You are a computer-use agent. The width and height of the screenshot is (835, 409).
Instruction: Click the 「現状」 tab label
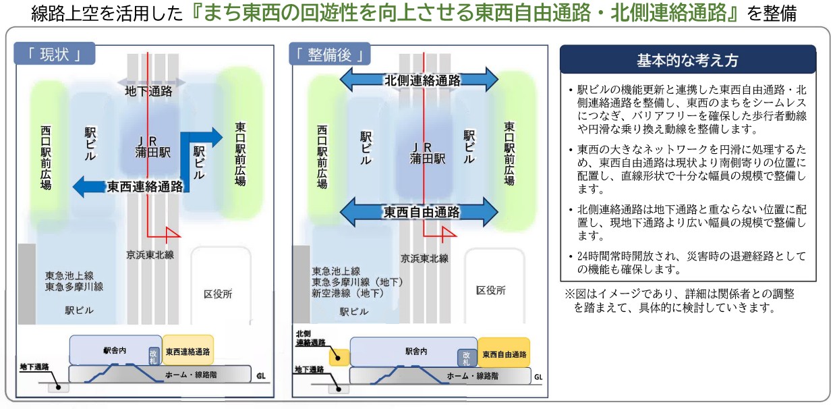55,55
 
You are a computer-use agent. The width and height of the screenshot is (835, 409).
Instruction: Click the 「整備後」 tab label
330,55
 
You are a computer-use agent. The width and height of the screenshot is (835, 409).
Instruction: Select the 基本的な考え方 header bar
687,61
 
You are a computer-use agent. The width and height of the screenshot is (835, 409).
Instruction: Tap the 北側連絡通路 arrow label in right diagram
422,80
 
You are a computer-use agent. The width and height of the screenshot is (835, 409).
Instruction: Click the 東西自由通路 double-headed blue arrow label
422,213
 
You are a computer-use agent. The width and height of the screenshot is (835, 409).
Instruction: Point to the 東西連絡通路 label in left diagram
144,187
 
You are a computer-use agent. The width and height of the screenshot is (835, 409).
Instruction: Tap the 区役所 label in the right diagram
491,290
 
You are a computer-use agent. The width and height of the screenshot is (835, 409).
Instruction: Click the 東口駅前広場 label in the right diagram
509,153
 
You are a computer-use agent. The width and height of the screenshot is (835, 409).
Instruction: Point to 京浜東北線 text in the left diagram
150,254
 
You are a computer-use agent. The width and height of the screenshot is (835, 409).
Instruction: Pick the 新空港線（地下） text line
347,293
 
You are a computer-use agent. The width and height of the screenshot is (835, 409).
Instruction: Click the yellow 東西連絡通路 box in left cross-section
188,352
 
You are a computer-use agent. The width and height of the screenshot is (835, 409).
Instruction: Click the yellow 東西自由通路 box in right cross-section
504,354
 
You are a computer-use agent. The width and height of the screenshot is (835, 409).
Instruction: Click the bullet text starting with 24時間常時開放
687,263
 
